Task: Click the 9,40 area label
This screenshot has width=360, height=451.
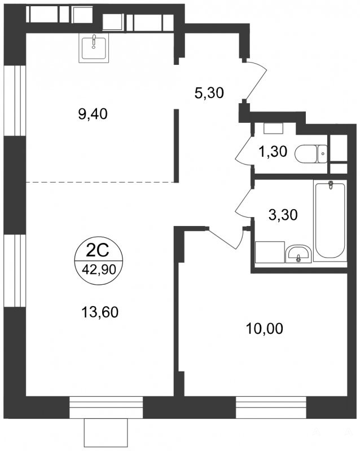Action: coord(93,114)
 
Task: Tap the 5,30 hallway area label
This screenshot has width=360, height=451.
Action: coord(209,93)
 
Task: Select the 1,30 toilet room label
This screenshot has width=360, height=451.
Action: coord(273,151)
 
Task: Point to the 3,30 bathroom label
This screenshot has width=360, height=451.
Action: coord(283,215)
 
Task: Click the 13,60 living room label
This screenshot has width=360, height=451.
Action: coord(100,312)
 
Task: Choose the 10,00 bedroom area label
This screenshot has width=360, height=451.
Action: coord(265,329)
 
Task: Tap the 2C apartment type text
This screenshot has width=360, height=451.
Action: coord(98,250)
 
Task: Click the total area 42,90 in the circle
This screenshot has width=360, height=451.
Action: coord(99,269)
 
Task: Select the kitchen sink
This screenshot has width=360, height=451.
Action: coord(94,48)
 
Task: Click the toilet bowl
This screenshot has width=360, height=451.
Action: coord(311,154)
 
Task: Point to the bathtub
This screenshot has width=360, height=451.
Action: coord(330,220)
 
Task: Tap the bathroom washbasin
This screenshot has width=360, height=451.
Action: coord(298,254)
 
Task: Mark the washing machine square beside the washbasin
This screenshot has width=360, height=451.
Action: coord(270,252)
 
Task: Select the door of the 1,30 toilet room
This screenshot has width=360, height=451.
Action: coord(244,149)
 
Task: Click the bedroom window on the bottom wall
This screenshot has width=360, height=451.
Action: coord(271,408)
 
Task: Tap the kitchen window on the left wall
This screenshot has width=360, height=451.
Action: coord(15,101)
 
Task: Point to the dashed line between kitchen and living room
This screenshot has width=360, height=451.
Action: coord(100,182)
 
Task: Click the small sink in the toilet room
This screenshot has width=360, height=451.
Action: coord(273,129)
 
